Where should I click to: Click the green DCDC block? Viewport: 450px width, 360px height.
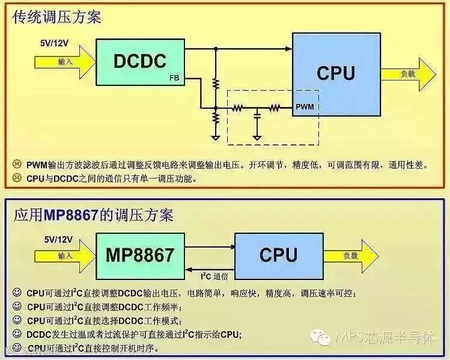coord(140,60)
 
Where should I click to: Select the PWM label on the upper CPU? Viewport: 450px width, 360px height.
coord(305,107)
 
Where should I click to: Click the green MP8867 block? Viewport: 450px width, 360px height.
coord(141,255)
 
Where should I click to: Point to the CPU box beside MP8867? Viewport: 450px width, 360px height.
coord(279,255)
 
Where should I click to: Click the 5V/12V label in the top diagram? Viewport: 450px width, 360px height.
coord(55,43)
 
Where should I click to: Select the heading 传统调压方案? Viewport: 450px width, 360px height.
coord(57,17)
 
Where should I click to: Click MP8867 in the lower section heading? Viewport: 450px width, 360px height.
coord(75,215)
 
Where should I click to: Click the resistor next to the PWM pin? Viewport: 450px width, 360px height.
coord(275,108)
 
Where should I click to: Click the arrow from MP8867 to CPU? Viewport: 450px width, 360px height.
coord(210,245)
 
